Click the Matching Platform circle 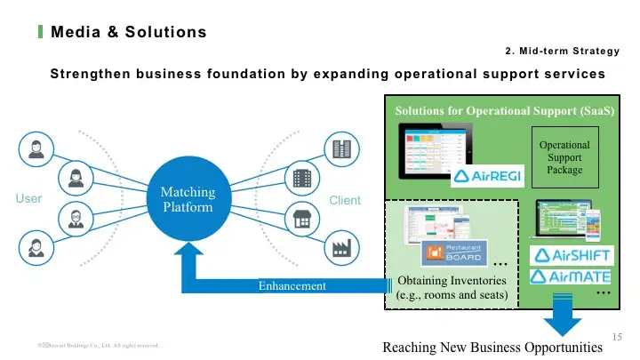pyautogui.click(x=188, y=200)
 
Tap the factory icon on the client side pyautogui.click(x=340, y=249)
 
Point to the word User pyautogui.click(x=28, y=199)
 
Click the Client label pyautogui.click(x=345, y=200)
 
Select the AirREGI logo pyautogui.click(x=489, y=176)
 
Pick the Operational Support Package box pyautogui.click(x=564, y=157)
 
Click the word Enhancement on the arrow pyautogui.click(x=292, y=286)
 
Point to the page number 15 pyautogui.click(x=620, y=335)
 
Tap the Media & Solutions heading pyautogui.click(x=129, y=33)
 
